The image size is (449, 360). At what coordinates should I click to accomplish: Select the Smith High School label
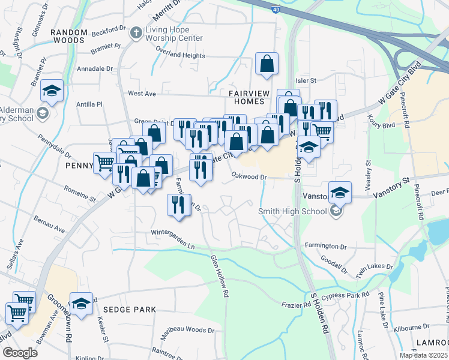point(292,211)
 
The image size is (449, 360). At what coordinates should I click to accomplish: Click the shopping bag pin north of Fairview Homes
point(267,64)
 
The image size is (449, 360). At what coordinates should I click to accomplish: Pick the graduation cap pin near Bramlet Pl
point(52,91)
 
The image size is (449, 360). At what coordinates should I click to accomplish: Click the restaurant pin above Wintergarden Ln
point(178,205)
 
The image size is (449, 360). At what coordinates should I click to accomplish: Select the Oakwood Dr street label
point(249,176)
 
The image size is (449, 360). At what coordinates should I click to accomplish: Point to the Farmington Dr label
point(327,246)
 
